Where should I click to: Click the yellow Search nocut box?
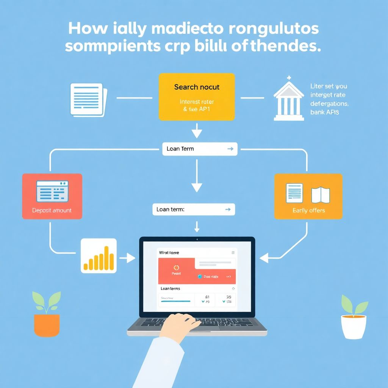pos(197,97)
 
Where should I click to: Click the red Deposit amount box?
pos(52,196)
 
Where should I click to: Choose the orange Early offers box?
pos(308,196)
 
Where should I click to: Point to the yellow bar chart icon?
pos(99,256)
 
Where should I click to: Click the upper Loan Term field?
pos(200,149)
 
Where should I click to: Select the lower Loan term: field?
pos(194,210)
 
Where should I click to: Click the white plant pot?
pos(354,326)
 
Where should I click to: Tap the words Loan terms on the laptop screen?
pos(170,289)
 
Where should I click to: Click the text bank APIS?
pos(324,112)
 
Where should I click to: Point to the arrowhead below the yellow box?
pos(197,133)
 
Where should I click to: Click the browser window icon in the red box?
pos(52,191)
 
